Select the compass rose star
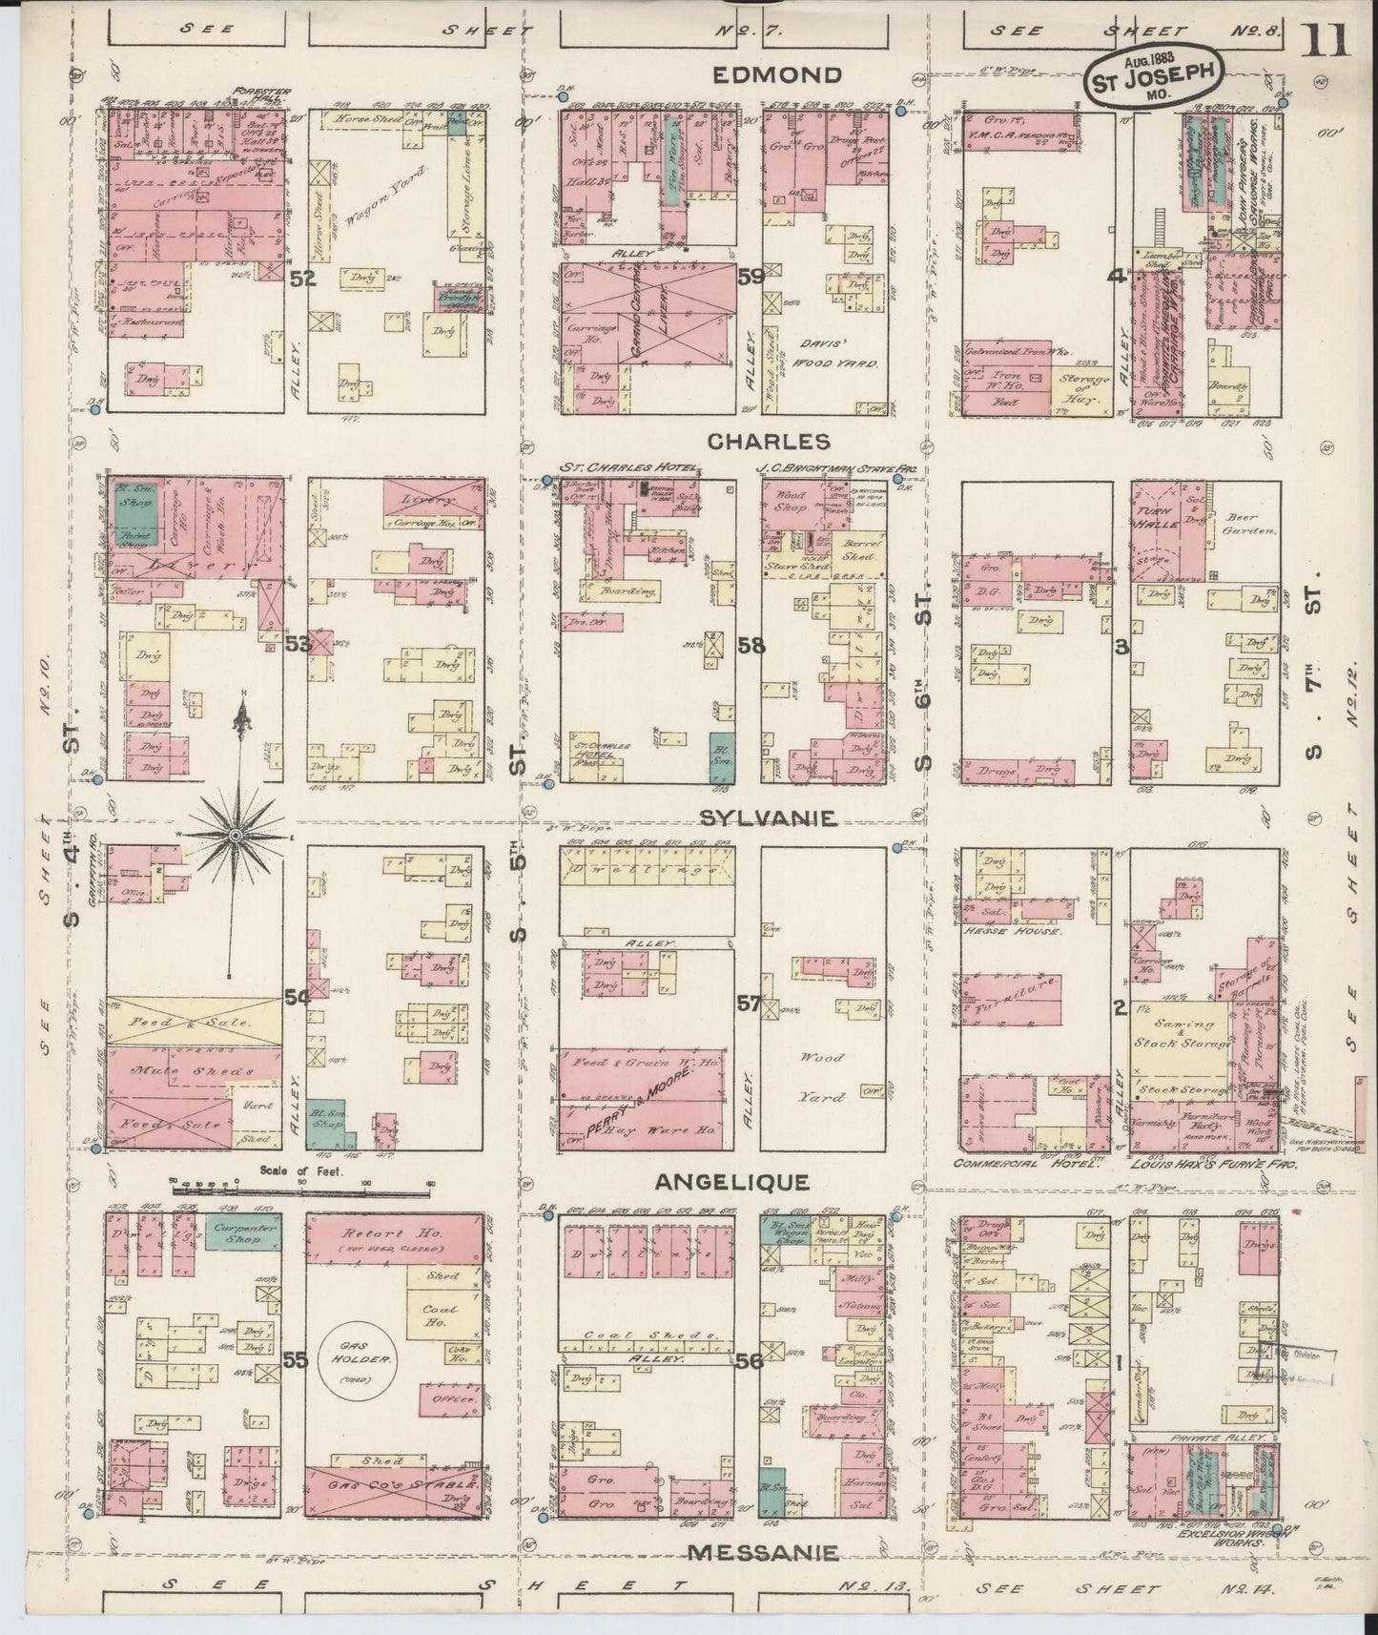(x=235, y=837)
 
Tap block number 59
(x=751, y=278)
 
